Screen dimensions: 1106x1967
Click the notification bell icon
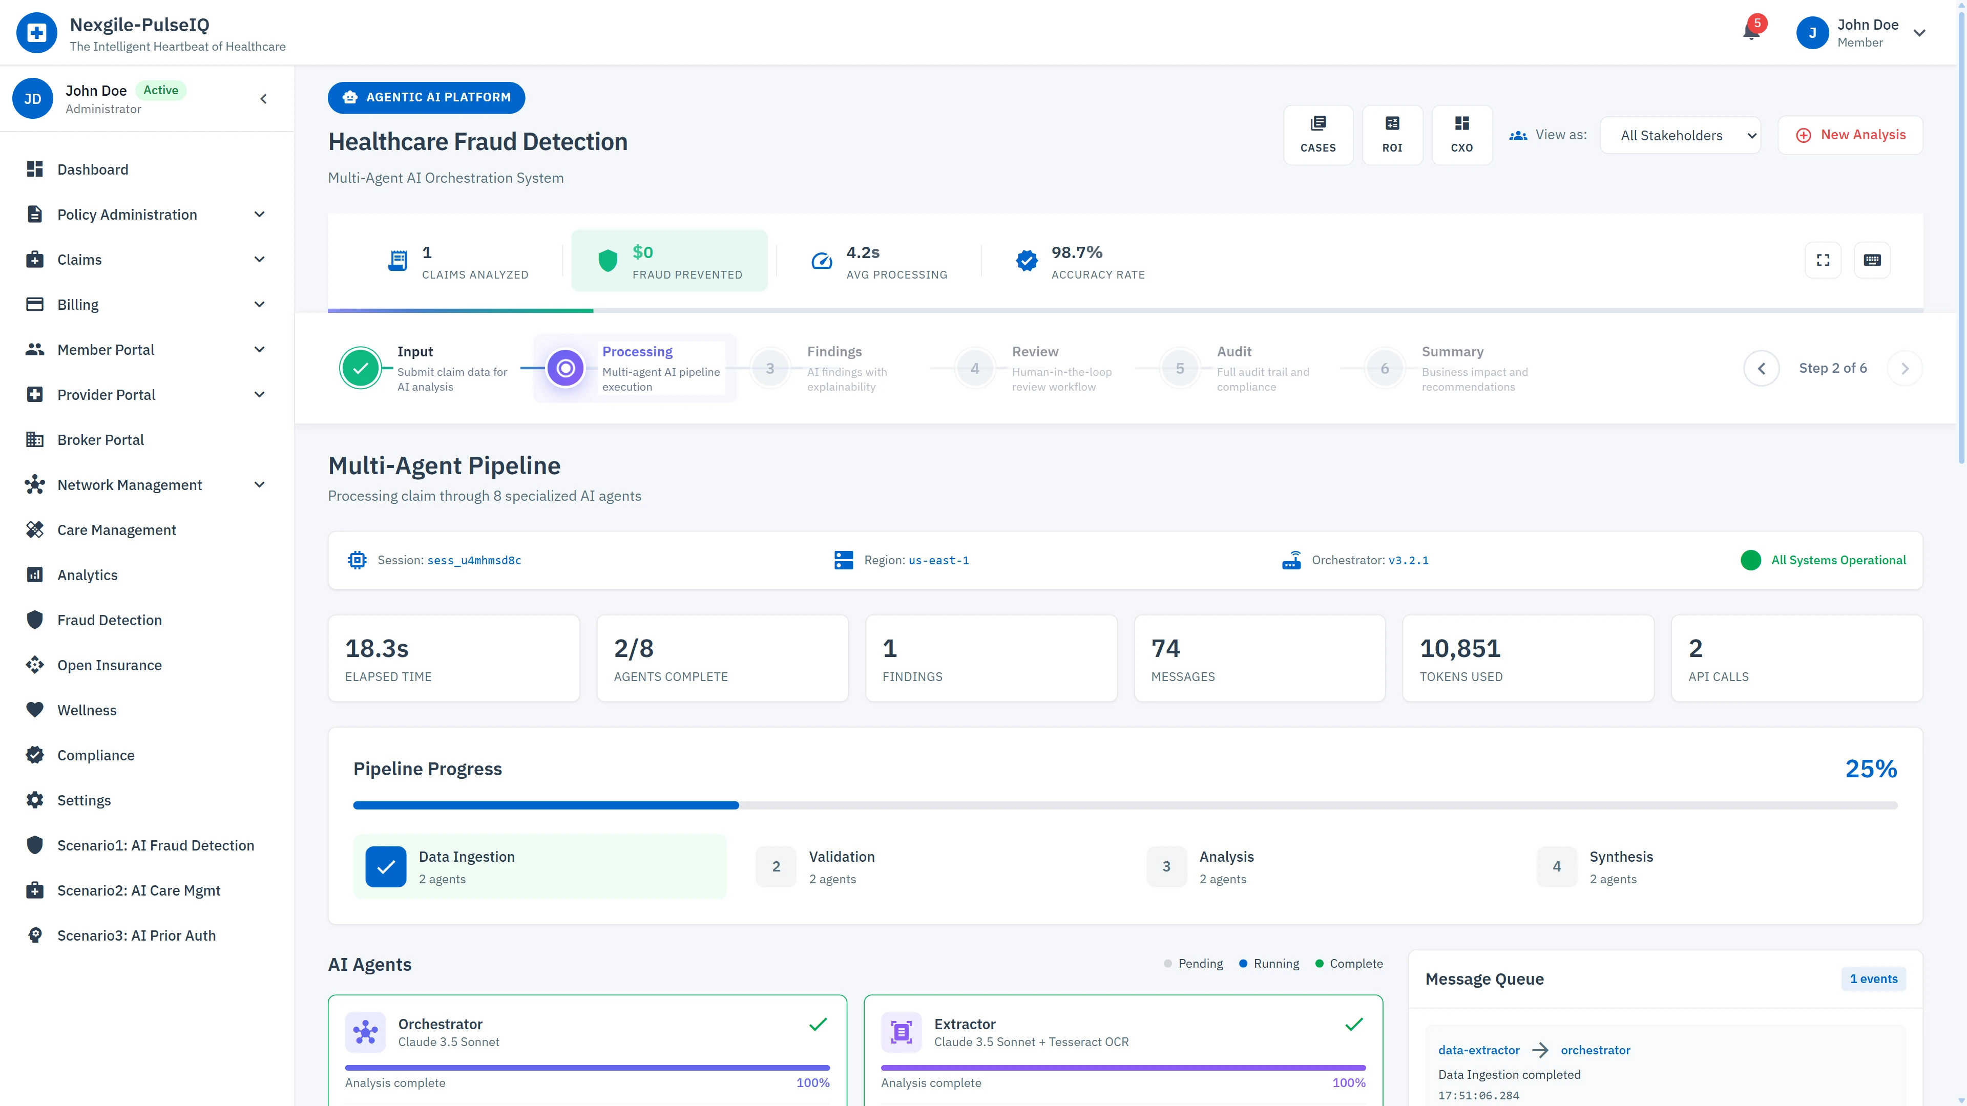click(1751, 32)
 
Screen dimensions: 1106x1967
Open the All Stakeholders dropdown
click(1680, 136)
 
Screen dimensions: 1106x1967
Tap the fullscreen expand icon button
click(1823, 260)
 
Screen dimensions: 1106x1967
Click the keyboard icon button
click(1872, 260)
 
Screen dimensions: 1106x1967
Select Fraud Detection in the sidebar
click(109, 620)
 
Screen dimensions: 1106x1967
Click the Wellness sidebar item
click(87, 710)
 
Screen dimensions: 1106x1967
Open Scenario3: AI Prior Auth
click(136, 935)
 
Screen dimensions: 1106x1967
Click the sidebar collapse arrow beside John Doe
click(263, 98)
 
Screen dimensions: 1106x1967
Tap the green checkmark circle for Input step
click(361, 369)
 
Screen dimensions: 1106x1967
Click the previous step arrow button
click(1761, 369)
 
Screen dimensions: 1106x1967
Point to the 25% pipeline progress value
click(1871, 769)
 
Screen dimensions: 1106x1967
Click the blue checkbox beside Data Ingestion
click(386, 866)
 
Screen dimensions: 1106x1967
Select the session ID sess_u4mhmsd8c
click(474, 560)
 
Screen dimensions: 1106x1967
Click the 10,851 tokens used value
click(1460, 648)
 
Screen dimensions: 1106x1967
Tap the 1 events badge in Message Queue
click(1873, 979)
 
